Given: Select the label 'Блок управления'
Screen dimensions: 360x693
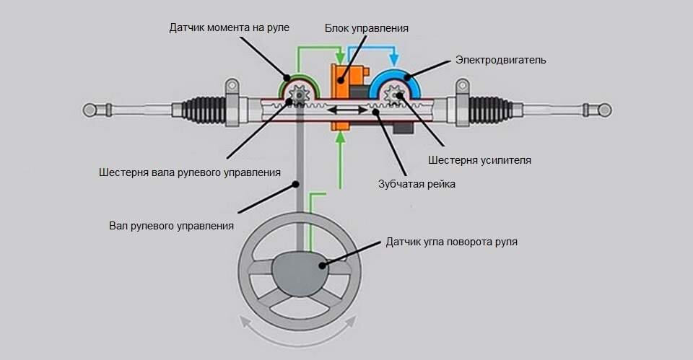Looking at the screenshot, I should pos(367,28).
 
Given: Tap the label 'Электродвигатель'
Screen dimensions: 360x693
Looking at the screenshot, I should pos(500,60).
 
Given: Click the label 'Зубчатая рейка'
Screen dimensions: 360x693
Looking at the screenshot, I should pos(417,184).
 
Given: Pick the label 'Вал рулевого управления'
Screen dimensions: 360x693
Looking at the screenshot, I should pos(171,226).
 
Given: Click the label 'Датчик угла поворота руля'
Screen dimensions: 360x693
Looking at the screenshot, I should pos(452,242).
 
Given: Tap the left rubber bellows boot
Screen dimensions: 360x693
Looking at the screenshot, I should pos(204,110).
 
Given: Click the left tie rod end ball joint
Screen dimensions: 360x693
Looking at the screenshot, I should pos(90,110).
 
